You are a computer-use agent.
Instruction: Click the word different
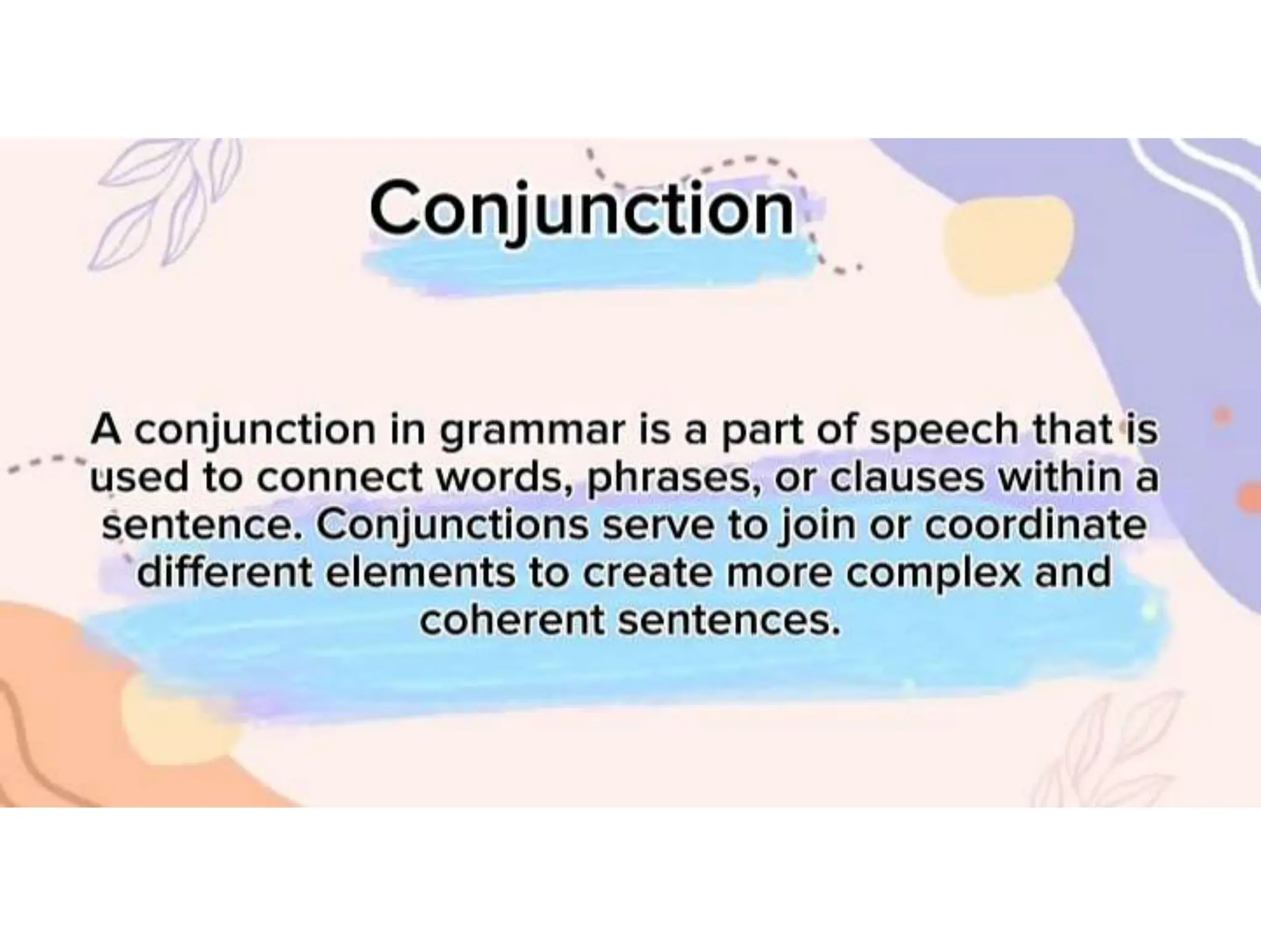(x=225, y=573)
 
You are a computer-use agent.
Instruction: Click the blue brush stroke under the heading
(x=591, y=265)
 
